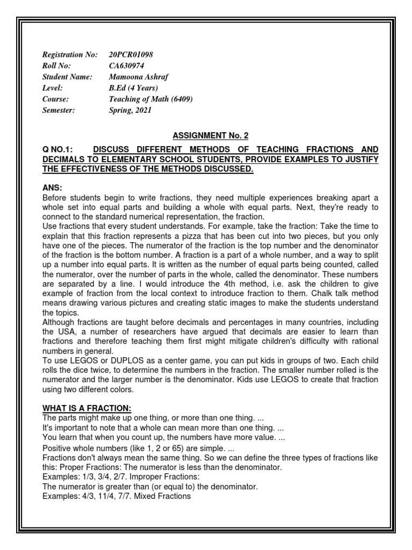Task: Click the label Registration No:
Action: [x=70, y=55]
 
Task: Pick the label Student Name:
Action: [x=67, y=77]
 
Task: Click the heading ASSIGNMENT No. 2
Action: [x=210, y=136]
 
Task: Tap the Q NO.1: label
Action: [x=59, y=149]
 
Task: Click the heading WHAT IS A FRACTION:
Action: [x=86, y=408]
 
